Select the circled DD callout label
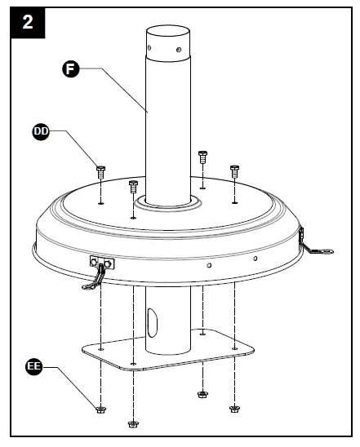[41, 130]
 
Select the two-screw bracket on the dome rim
[102, 263]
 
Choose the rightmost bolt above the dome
[234, 170]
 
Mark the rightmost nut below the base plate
[235, 407]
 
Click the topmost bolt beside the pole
[202, 155]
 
